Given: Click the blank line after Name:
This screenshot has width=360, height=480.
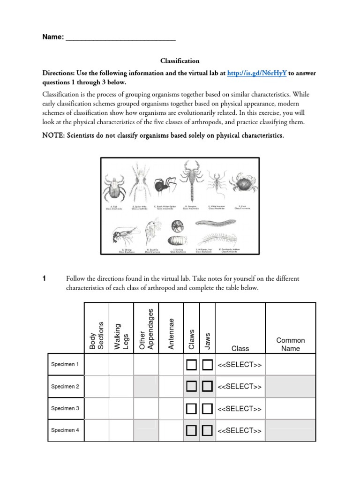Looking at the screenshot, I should click(x=120, y=37).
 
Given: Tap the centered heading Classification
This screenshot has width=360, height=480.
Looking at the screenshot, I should click(x=180, y=61).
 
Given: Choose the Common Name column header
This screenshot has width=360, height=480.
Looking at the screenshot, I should click(x=290, y=344).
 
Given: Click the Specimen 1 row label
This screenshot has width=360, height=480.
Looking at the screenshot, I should click(x=65, y=364).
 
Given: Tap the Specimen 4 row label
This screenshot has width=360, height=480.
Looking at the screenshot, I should click(x=65, y=430).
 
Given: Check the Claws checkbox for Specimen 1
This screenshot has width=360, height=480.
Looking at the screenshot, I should click(x=191, y=365).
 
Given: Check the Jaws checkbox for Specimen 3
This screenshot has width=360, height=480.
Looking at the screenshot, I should click(x=208, y=409).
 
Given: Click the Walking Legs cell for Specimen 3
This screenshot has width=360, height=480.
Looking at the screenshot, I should click(x=121, y=409).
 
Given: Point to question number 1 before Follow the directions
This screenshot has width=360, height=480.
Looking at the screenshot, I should click(x=44, y=278).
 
